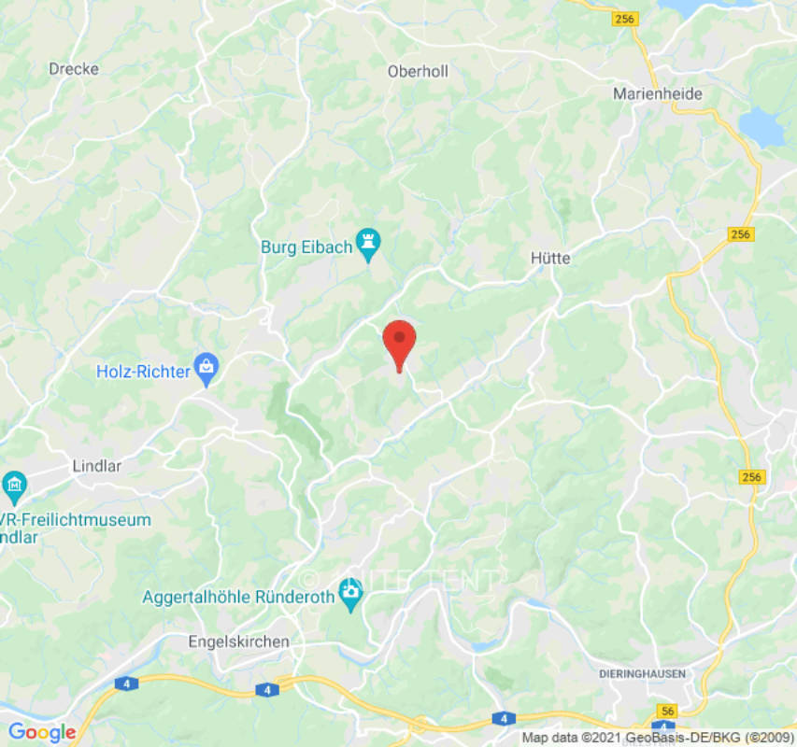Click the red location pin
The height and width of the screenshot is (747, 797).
pos(400,341)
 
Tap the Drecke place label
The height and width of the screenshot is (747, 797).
pos(74,69)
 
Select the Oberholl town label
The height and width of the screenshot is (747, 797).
pos(418,71)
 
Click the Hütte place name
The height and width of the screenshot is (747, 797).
pos(549,258)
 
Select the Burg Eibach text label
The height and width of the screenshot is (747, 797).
pos(306,247)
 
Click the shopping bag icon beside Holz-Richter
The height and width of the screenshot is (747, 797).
pos(206,370)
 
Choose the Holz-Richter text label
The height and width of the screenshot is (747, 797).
pos(143,372)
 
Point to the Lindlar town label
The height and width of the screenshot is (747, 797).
pos(97,465)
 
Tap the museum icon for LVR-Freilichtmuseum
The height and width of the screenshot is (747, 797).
pos(14,486)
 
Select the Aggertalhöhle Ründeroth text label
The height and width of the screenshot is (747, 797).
pos(238,597)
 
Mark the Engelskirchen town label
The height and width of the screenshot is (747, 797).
pos(238,641)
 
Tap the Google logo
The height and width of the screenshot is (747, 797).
pos(41,732)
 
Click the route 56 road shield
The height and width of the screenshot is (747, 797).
pos(666,712)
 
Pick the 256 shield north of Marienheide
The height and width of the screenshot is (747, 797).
pos(625,18)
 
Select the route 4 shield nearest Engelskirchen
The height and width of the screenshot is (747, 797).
pos(267,689)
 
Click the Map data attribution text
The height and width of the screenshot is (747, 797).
pos(655,738)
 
